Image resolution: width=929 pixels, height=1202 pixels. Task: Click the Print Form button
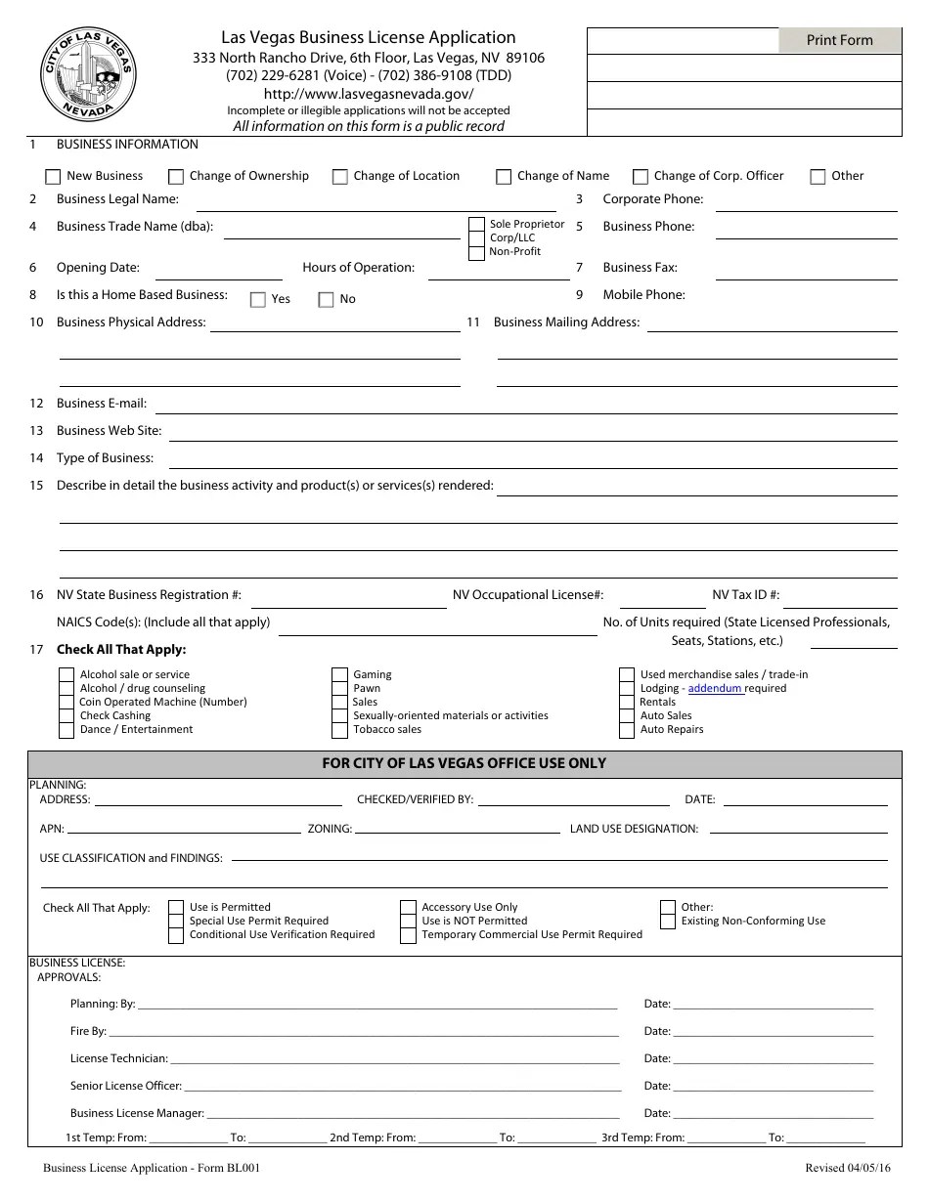coord(839,40)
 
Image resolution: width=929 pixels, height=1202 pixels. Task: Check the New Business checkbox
coord(53,177)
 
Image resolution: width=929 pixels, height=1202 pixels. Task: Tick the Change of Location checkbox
coord(340,177)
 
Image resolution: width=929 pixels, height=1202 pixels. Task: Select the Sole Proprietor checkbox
coord(476,225)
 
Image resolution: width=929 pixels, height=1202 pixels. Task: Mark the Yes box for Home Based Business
coord(258,300)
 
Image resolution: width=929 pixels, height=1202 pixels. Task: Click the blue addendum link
coord(715,688)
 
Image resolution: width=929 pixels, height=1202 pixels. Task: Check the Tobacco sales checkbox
coord(339,729)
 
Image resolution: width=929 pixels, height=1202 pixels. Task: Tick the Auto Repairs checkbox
coord(627,729)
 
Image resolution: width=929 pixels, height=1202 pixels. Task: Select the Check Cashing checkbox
coord(66,715)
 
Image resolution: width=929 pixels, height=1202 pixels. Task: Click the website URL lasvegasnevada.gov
coord(369,94)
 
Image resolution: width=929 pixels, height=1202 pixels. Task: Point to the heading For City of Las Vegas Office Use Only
coord(464,763)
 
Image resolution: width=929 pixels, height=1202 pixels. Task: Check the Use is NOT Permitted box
coord(409,921)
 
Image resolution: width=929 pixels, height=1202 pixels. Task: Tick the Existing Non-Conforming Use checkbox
coord(668,921)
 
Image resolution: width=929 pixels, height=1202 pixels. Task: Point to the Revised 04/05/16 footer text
coord(847,1168)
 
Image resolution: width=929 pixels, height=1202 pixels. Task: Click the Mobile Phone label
coord(643,295)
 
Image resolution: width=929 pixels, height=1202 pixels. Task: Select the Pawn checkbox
coord(339,688)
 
